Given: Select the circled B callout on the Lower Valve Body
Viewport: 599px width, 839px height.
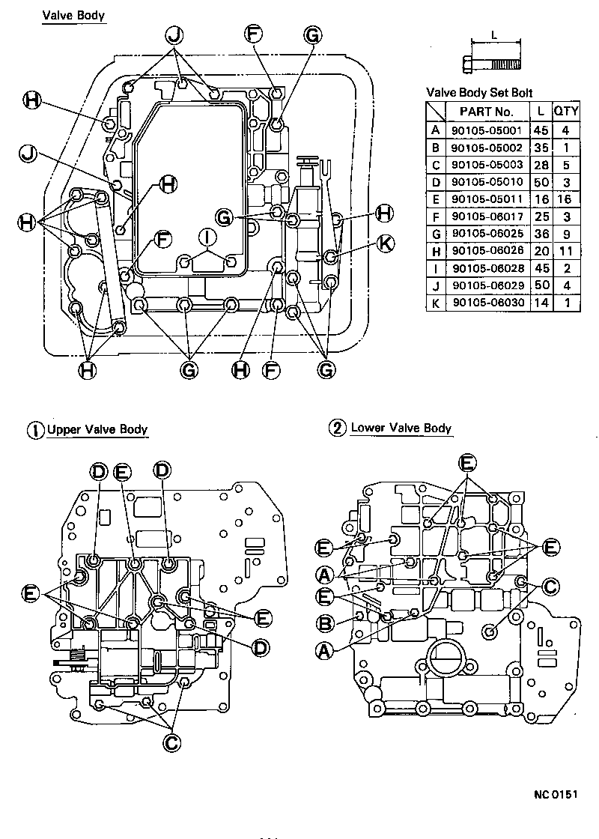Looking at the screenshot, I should pyautogui.click(x=324, y=621).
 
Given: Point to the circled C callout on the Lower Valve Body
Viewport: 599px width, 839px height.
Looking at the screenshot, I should pyautogui.click(x=549, y=587).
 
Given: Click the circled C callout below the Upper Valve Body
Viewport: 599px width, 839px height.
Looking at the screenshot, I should pyautogui.click(x=172, y=742).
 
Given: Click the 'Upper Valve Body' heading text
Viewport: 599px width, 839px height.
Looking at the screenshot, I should pyautogui.click(x=97, y=430).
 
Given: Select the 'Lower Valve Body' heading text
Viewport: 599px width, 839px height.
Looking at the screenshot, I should pyautogui.click(x=401, y=428).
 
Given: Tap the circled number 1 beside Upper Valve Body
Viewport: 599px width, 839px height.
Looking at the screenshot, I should pyautogui.click(x=35, y=431).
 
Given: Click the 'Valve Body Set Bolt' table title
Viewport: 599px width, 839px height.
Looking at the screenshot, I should pyautogui.click(x=479, y=93).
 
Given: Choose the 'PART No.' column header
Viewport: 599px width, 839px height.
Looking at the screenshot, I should pyautogui.click(x=487, y=111).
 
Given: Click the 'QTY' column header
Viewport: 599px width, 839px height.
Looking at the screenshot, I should pyautogui.click(x=566, y=111).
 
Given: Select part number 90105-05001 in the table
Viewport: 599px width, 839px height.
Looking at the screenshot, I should pyautogui.click(x=487, y=129).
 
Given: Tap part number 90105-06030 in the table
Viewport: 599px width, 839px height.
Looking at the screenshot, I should pyautogui.click(x=487, y=302).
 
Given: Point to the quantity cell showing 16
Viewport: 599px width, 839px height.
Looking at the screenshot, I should pyautogui.click(x=566, y=199).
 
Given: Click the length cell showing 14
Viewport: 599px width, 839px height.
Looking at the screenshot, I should pyautogui.click(x=540, y=302).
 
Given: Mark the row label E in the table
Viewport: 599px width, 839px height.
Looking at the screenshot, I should pyautogui.click(x=435, y=199).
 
